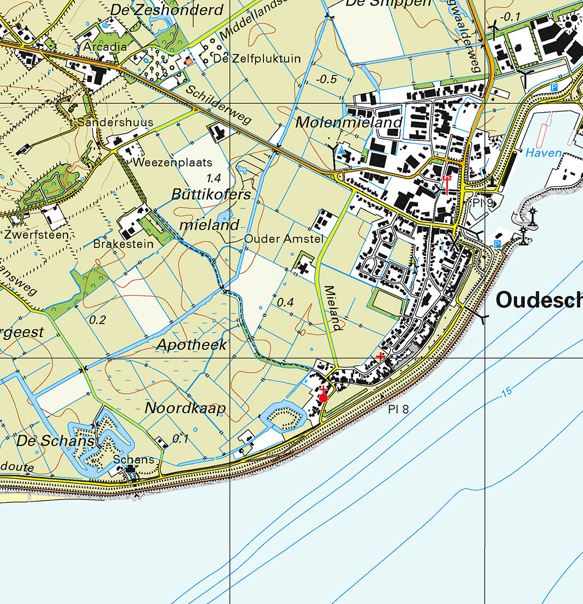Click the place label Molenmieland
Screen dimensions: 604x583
[349, 123]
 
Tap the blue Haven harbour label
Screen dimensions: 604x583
[544, 153]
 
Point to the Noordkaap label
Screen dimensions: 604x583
[185, 409]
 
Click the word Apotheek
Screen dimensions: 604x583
[192, 345]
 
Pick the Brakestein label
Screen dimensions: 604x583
[124, 244]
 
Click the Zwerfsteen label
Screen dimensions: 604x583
[37, 235]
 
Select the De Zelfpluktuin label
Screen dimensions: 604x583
[257, 58]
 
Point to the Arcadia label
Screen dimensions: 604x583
[105, 47]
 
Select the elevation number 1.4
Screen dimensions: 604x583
[214, 177]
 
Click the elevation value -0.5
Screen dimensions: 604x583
[326, 79]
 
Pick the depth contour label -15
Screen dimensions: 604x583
[505, 393]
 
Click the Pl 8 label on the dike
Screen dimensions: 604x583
[398, 409]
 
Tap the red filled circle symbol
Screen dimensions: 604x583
[323, 398]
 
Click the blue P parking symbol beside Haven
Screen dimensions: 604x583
[553, 87]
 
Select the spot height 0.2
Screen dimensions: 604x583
[97, 320]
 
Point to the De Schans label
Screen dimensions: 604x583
[56, 441]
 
